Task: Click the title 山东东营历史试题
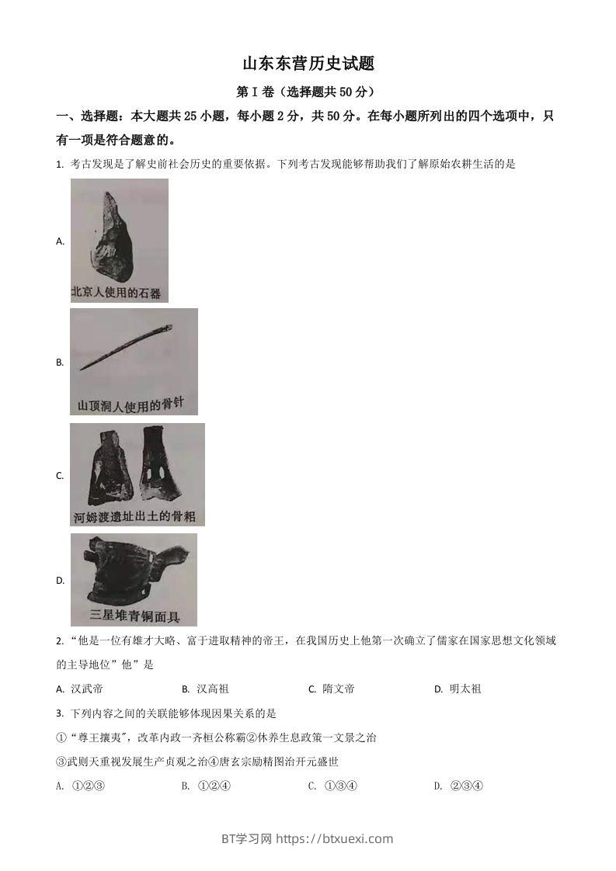308,64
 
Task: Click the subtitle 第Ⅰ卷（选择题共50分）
308,92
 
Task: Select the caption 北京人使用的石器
116,293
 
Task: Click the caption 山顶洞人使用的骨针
132,404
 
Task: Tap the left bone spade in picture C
106,467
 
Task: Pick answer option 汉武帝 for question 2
86,689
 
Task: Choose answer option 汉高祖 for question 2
212,689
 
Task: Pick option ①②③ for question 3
88,786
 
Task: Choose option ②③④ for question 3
467,786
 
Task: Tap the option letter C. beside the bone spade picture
60,476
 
